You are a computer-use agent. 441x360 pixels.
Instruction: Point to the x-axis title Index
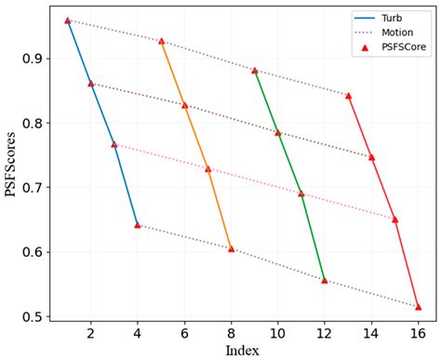point(243,350)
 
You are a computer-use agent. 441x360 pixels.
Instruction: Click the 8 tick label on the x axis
point(231,332)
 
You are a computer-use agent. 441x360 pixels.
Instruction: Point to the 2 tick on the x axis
point(91,332)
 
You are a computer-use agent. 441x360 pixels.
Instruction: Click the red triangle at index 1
point(68,20)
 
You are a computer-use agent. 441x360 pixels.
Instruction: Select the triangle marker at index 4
point(138,225)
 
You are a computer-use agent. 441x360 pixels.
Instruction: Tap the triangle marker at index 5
point(161,41)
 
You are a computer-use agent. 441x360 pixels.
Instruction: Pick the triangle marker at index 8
point(231,249)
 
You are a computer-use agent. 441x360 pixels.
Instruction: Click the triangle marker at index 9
point(254,70)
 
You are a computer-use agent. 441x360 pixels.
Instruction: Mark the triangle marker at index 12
point(325,280)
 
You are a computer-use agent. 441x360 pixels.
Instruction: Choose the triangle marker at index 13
point(348,95)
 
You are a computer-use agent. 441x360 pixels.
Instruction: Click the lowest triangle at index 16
point(418,306)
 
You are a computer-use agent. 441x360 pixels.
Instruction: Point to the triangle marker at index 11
point(301,193)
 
